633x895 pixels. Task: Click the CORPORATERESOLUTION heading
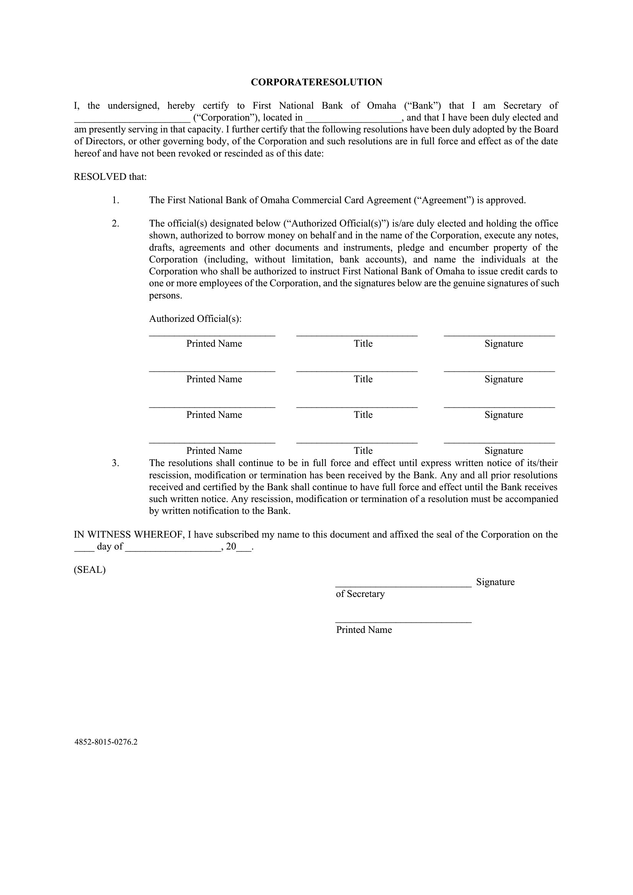316,82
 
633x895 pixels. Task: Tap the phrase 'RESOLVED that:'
110,177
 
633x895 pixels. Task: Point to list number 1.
115,201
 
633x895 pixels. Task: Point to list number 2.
115,224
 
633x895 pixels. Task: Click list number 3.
115,463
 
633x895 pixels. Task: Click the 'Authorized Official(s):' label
195,319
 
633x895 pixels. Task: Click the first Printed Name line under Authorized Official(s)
212,334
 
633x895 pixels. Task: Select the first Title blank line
357,334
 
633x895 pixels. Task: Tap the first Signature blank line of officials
499,334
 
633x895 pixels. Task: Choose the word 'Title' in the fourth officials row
363,451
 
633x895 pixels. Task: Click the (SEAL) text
90,570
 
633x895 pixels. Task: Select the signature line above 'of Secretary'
403,585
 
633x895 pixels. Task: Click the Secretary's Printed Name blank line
403,621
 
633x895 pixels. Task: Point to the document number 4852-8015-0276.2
106,742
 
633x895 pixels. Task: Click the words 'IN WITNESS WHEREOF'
129,535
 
